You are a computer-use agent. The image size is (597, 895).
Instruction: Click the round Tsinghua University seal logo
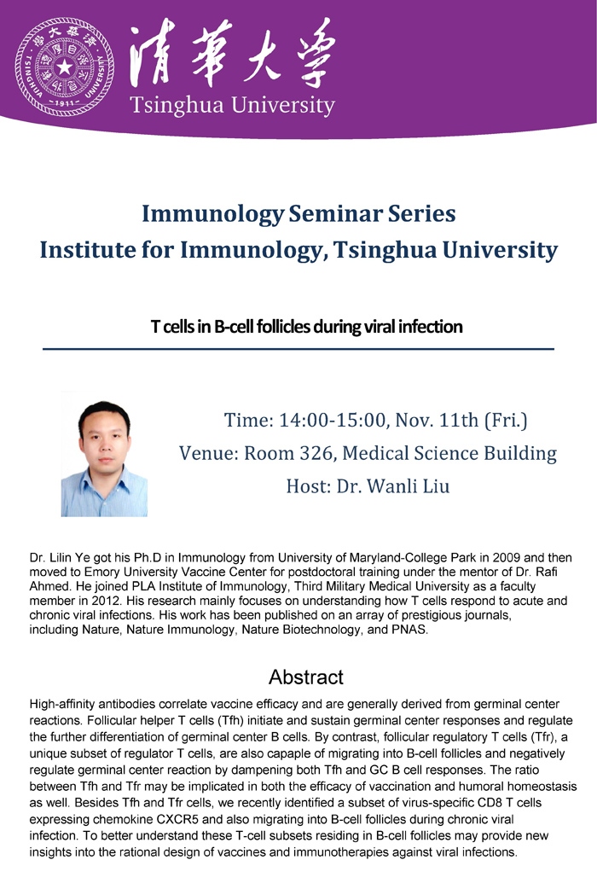coord(65,67)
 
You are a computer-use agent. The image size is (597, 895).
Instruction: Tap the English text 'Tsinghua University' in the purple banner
coord(232,106)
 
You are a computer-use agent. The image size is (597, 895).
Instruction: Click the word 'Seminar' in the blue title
coord(335,213)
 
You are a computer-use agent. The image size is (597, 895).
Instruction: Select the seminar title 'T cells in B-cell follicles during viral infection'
coord(306,327)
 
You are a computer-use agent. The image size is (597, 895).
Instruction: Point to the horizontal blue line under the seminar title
coord(298,348)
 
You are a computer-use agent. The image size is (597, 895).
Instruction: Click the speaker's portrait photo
coord(104,455)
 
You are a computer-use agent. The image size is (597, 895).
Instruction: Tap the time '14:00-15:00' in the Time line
coord(333,420)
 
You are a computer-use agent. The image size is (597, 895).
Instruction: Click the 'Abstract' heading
coord(306,677)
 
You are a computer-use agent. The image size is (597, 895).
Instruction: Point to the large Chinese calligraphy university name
coord(232,53)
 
